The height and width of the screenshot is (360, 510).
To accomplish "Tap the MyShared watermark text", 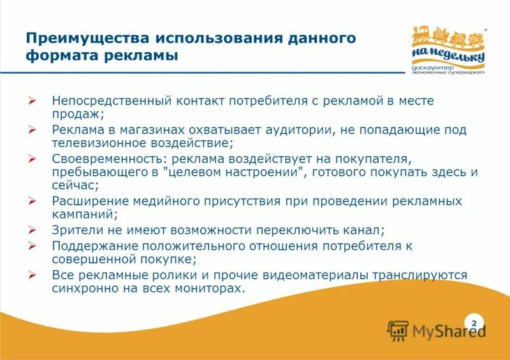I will (449, 331).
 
